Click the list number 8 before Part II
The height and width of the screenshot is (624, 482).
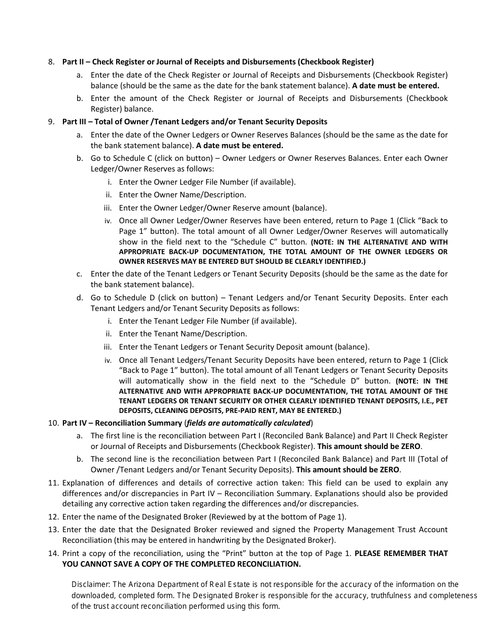(51, 62)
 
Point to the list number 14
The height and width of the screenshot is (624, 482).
(53, 553)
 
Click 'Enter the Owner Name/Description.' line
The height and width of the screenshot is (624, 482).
(182, 195)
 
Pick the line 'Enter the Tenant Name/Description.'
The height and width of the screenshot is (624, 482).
(183, 334)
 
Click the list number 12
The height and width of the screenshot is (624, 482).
(53, 517)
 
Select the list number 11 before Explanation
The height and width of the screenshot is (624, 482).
(53, 483)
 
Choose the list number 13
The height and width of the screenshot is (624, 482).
(53, 530)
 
